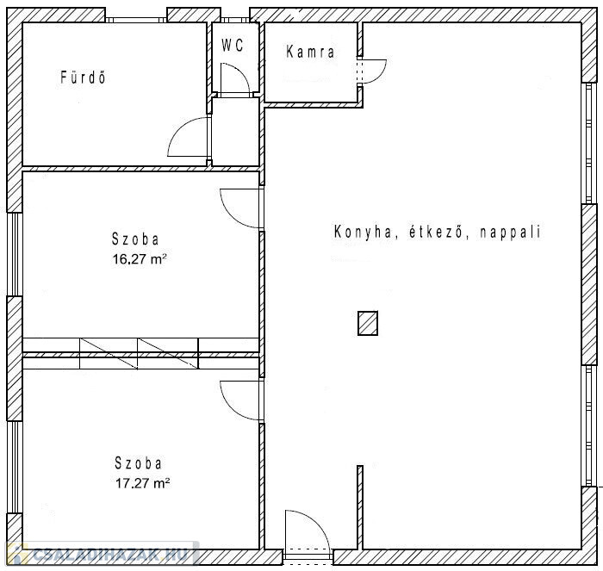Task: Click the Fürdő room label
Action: (83, 77)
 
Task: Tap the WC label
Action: (233, 46)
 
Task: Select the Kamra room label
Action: (310, 52)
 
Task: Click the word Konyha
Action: (363, 232)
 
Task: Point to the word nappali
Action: (510, 233)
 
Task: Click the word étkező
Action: (436, 232)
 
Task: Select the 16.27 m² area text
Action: (140, 258)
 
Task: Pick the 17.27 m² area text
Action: (143, 482)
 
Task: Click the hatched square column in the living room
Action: (368, 323)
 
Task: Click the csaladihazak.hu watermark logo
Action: (103, 554)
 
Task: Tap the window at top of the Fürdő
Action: (136, 19)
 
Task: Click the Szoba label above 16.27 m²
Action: (135, 239)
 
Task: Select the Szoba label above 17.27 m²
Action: (138, 462)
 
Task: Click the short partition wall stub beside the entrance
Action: (360, 507)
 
